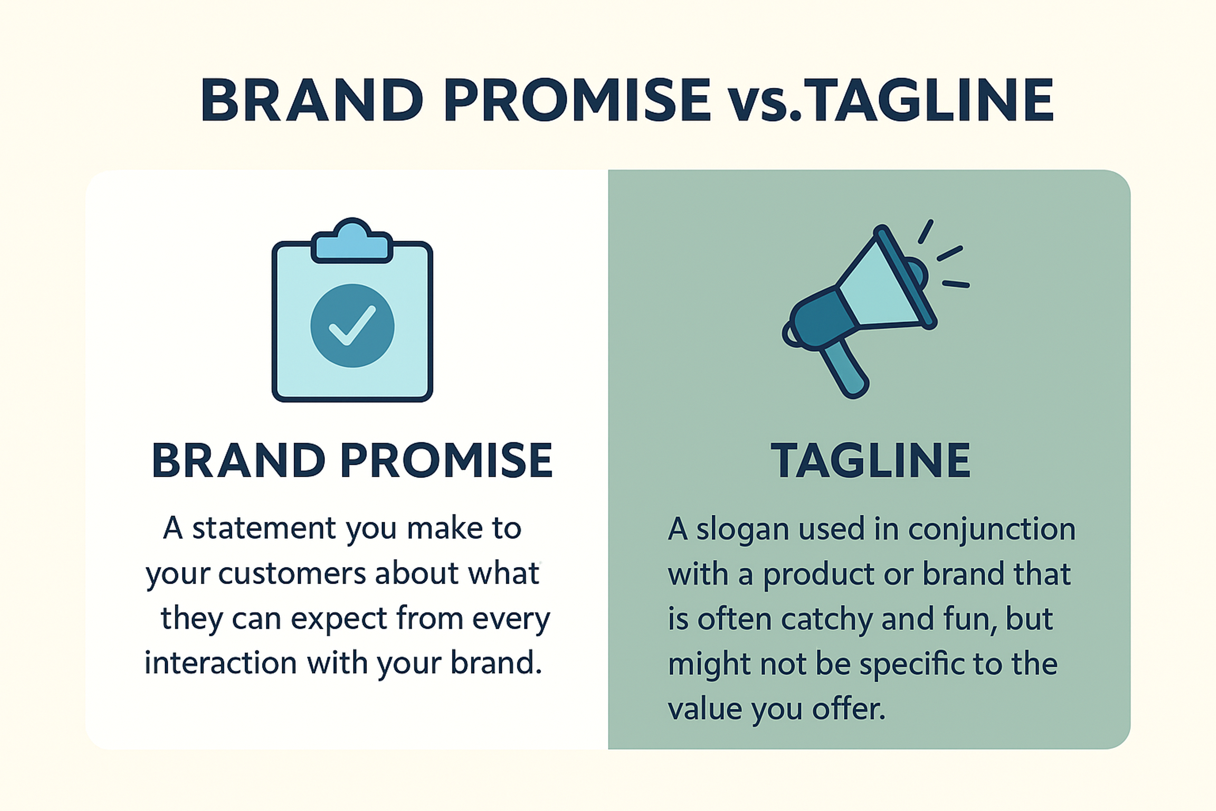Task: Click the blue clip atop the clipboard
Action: pos(352,243)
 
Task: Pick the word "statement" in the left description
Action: pos(264,529)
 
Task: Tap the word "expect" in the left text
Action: pos(339,619)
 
